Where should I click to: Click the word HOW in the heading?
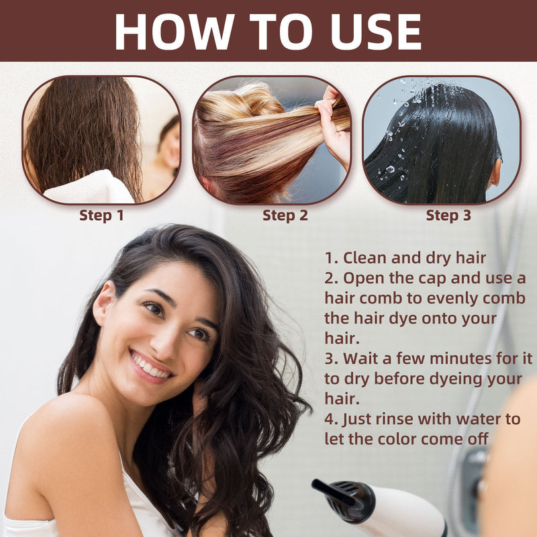point(175,32)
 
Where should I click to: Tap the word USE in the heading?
point(376,32)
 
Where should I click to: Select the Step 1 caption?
point(101,215)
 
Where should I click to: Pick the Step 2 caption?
point(285,215)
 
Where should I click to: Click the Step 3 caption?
point(448,215)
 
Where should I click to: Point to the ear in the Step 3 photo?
point(495,172)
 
